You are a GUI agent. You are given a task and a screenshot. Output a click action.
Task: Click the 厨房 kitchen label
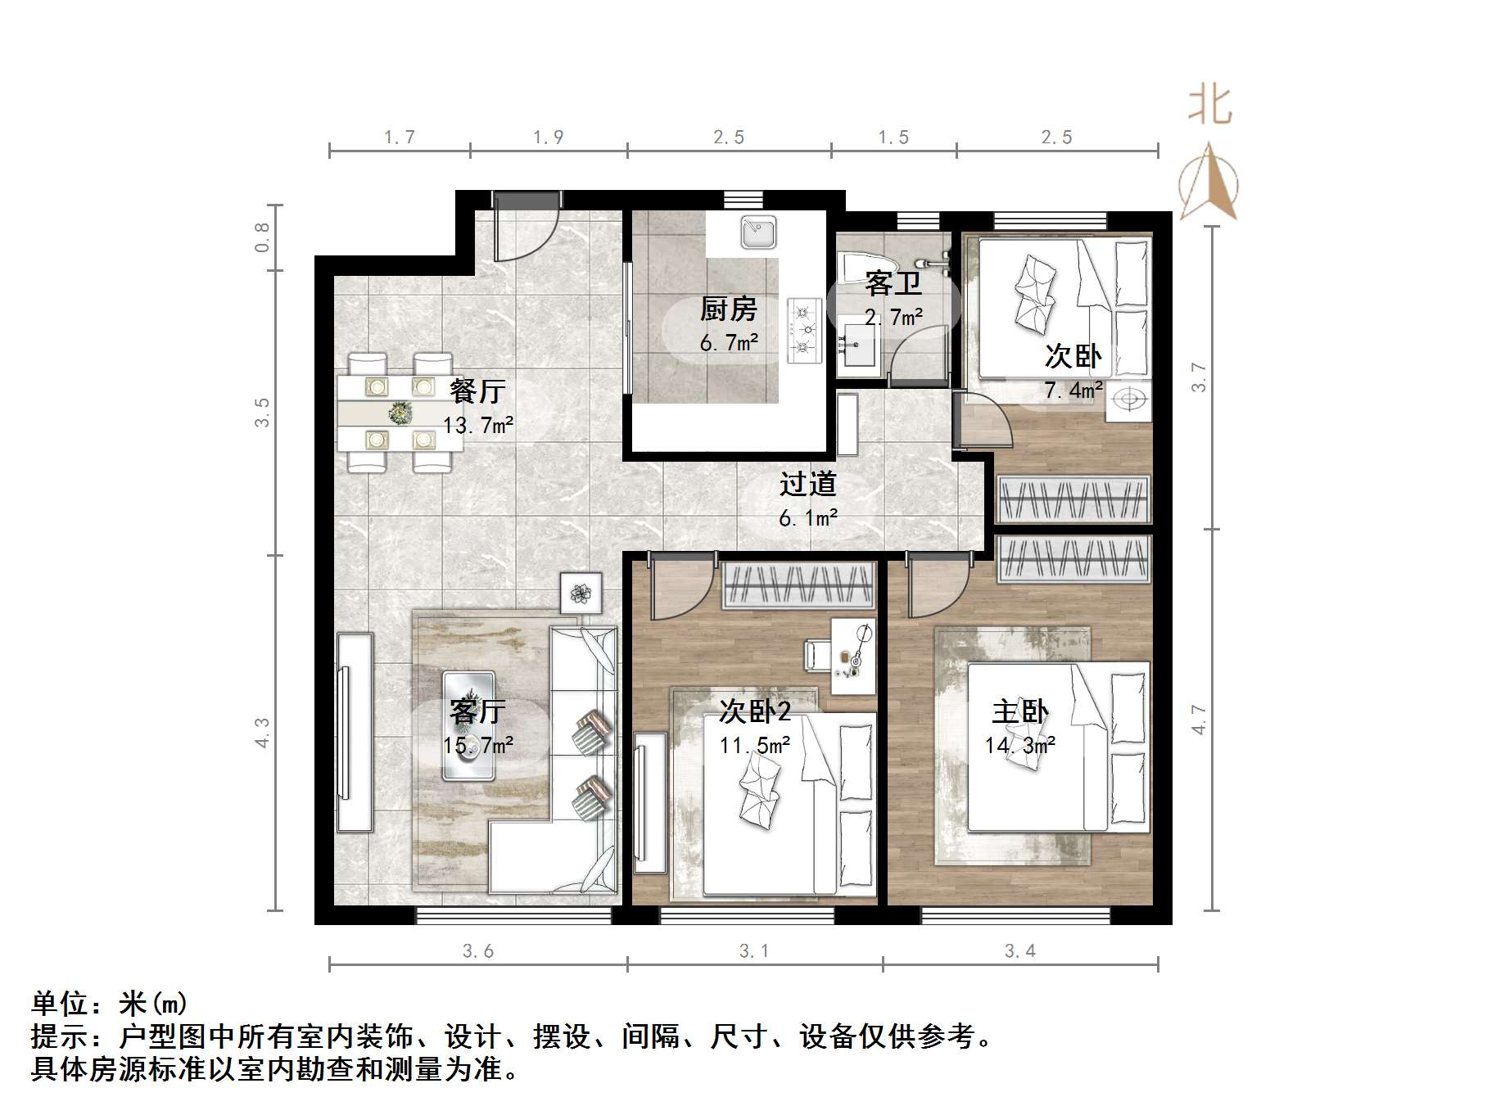click(728, 309)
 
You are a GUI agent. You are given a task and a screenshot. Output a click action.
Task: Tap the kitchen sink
click(759, 232)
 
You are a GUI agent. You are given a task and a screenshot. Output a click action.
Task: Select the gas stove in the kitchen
click(804, 331)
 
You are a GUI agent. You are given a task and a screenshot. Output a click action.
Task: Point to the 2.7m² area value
click(894, 318)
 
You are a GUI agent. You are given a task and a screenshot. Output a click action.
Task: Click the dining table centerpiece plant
click(400, 413)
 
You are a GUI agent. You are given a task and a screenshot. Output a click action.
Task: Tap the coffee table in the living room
click(468, 725)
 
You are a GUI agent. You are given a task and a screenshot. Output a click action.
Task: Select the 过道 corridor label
click(807, 484)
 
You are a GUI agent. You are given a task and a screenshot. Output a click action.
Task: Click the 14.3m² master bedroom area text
click(1019, 745)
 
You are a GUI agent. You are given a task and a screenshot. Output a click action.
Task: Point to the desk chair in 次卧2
click(817, 655)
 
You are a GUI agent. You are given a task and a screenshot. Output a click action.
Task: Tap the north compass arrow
click(1209, 182)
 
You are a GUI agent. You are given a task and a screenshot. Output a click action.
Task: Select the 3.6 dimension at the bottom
click(478, 950)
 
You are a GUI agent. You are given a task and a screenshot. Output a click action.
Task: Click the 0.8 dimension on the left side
click(262, 237)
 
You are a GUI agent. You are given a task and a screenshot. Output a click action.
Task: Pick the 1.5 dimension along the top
click(893, 138)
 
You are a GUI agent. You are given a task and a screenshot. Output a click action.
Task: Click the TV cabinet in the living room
click(354, 732)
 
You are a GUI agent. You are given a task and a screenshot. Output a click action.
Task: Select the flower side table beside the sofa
click(581, 593)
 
